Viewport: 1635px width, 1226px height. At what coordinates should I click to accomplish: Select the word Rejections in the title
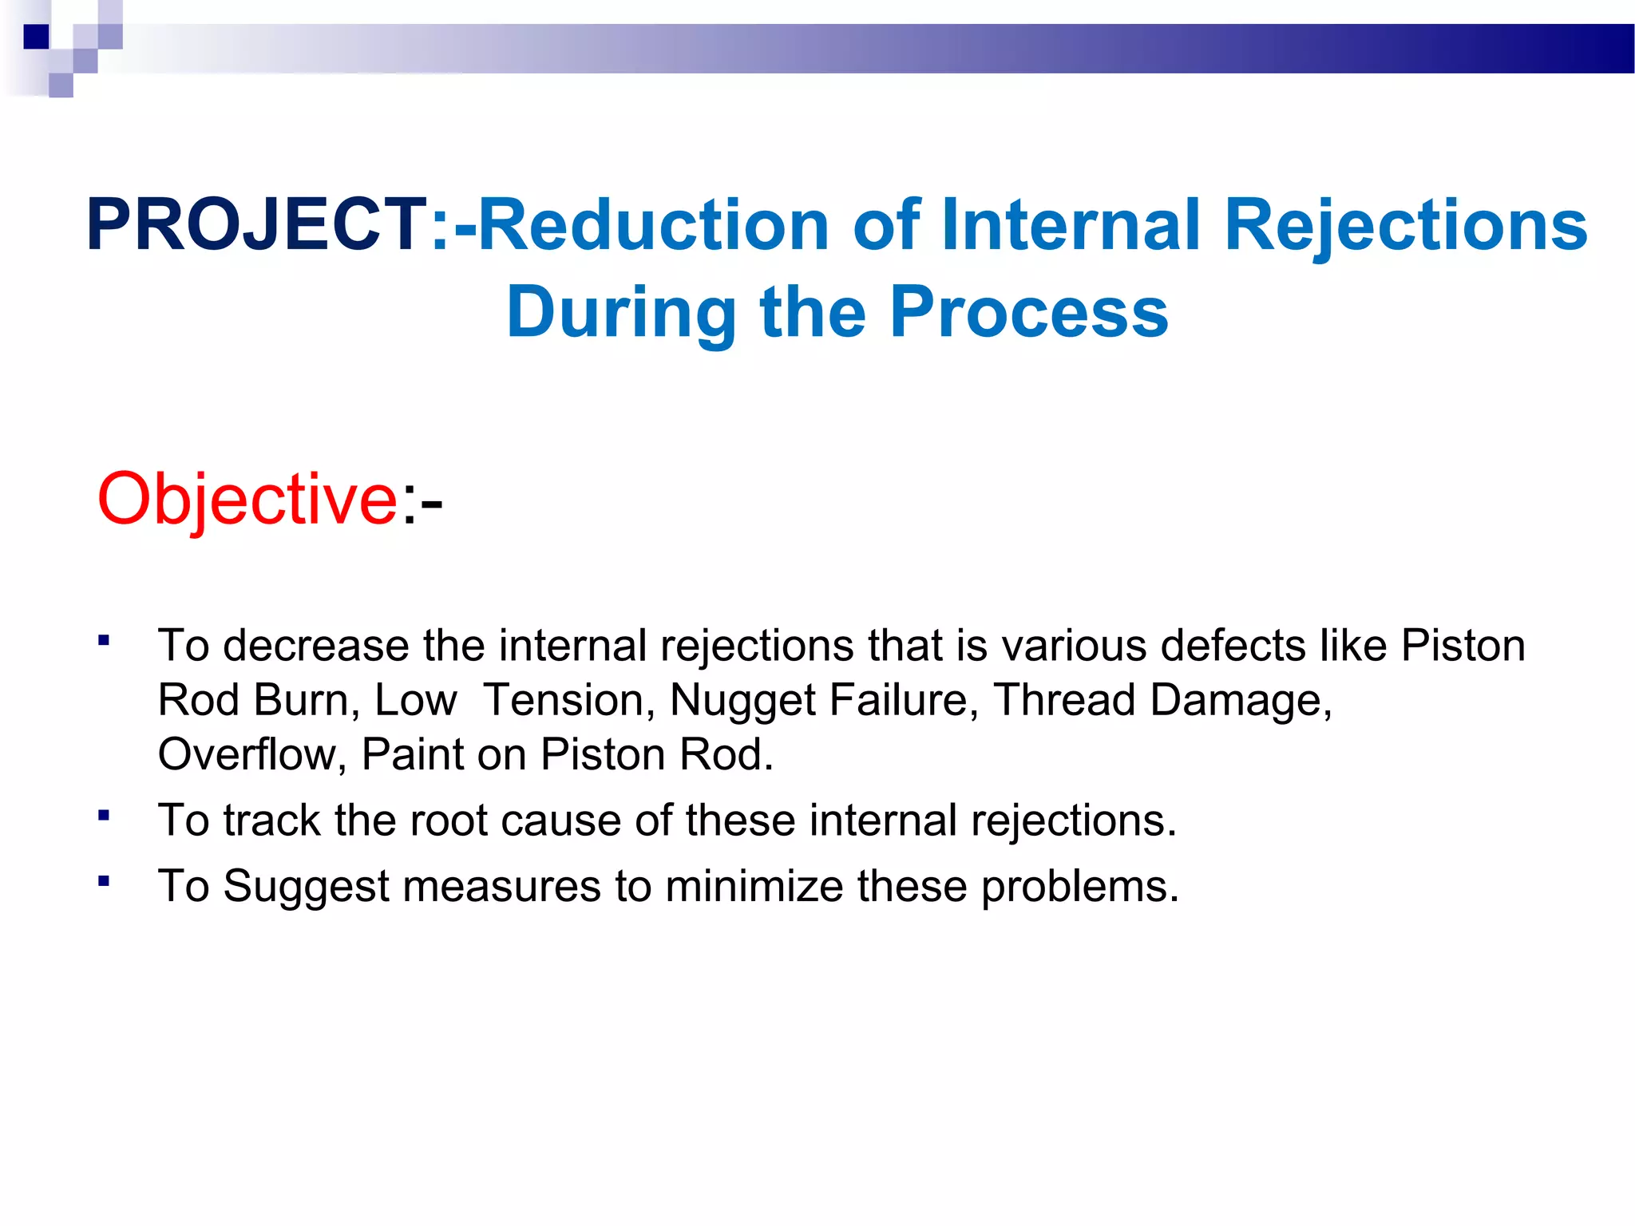[x=1405, y=225]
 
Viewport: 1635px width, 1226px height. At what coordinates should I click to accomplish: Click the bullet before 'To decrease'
[x=104, y=639]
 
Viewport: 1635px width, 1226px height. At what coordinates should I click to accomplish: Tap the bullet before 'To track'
[x=104, y=815]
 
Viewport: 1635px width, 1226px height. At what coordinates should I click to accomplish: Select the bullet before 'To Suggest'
[x=104, y=880]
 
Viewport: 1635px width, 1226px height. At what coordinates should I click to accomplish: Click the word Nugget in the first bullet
[x=742, y=701]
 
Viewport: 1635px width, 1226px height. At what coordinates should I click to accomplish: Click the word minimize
[x=754, y=886]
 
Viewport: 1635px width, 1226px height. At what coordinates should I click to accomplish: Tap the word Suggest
[x=307, y=888]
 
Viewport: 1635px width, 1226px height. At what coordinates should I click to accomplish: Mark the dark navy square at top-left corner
[x=37, y=37]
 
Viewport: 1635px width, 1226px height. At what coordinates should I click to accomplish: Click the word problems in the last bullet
[x=1079, y=888]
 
